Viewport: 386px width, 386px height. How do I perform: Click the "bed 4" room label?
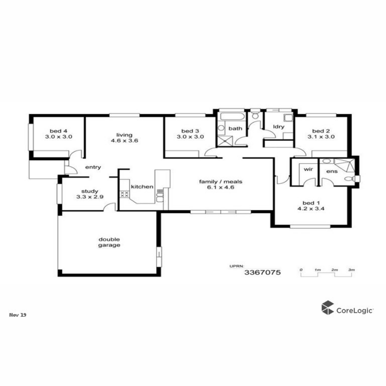[x=59, y=131]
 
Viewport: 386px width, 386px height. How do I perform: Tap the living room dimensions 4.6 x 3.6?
[x=124, y=141]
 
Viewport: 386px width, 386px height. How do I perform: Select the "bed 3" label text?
[x=190, y=131]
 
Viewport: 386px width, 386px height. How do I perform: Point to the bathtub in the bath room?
[x=233, y=116]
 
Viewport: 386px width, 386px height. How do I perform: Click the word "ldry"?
[x=279, y=127]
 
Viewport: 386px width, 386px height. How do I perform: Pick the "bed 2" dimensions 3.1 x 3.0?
[x=321, y=137]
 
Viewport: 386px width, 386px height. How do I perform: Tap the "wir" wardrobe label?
[x=308, y=170]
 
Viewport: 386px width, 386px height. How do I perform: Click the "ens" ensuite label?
[x=332, y=171]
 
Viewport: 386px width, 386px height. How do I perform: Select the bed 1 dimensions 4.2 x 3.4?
[x=311, y=209]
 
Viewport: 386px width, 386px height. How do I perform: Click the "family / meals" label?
[x=221, y=182]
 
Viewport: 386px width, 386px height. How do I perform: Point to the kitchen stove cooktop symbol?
[x=124, y=194]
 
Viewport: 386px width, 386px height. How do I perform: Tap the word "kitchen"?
[x=142, y=187]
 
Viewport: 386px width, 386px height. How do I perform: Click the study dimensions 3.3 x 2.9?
[x=90, y=197]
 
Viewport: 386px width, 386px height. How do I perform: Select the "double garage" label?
[x=109, y=242]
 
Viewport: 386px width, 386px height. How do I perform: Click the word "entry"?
[x=93, y=167]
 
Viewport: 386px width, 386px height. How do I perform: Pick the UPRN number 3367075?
[x=262, y=272]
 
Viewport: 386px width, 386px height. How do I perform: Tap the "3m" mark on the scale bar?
[x=352, y=270]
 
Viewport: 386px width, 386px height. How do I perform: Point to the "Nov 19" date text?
[x=18, y=315]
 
